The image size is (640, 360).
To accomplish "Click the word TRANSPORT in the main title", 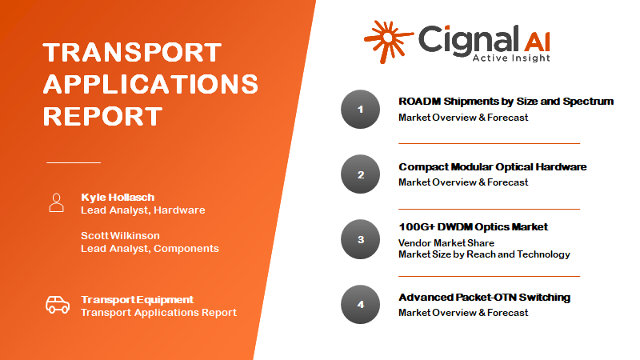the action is [132, 52].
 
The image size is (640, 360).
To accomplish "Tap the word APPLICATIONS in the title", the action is [150, 84].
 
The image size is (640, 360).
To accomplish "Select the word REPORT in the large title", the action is [102, 116].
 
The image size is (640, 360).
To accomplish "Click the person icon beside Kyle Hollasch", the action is [56, 203].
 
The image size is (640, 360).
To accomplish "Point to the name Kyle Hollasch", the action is [118, 197].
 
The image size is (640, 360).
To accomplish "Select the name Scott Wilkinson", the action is [121, 235].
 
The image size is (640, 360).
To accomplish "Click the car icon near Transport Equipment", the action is [58, 305].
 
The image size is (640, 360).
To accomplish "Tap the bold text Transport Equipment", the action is [137, 299].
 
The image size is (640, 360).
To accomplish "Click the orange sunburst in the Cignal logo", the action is [388, 42].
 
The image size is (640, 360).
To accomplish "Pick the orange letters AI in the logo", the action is [537, 42].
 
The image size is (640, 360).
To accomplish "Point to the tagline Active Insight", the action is [511, 58].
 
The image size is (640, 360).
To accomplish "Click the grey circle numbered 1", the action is [361, 110].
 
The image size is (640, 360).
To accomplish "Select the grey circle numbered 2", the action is [361, 174].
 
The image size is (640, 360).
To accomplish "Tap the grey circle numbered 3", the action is [361, 239].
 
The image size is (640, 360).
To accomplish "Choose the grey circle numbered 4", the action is [361, 305].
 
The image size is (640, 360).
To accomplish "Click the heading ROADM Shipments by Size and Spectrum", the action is [506, 102].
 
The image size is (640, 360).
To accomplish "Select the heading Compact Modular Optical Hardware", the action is [493, 167].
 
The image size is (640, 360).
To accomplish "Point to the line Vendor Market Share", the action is [446, 243].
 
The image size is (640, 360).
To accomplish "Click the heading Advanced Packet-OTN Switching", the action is [485, 298].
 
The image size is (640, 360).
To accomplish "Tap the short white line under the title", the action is [74, 162].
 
